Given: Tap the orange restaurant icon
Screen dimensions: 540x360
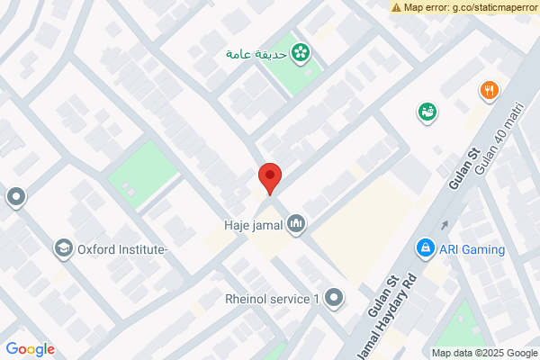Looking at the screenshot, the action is [489, 90].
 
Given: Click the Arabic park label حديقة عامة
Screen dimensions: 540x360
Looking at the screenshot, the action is [256, 54].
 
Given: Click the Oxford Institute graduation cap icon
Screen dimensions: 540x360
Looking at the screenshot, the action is [63, 248].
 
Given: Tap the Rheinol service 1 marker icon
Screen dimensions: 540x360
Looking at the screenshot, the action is [335, 298].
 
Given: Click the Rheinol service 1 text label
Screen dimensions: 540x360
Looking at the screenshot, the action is [273, 299].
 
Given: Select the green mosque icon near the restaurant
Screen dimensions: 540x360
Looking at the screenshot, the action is [426, 112].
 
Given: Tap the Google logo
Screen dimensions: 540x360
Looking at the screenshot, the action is [30, 349].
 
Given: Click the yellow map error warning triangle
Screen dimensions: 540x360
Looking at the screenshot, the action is [396, 7].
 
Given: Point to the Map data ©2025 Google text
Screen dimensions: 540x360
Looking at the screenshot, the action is [483, 353].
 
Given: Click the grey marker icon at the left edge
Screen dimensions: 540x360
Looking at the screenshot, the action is [15, 196].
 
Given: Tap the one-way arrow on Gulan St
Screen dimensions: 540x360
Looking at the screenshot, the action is [444, 225].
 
